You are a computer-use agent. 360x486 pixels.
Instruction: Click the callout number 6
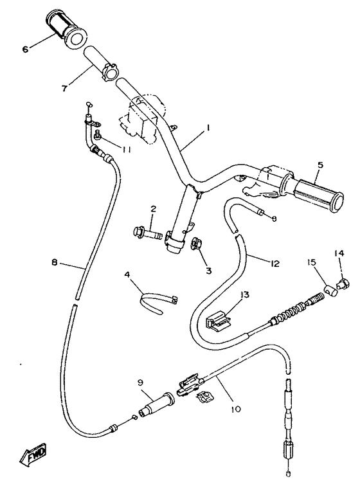tap(25, 48)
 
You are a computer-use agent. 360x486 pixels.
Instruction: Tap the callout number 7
tap(65, 88)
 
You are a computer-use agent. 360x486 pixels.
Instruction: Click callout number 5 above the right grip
tap(319, 165)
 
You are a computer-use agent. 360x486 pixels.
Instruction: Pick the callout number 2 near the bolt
tap(154, 208)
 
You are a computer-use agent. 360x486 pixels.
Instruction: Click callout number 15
tap(311, 262)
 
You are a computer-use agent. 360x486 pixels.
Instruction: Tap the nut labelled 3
tap(195, 244)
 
